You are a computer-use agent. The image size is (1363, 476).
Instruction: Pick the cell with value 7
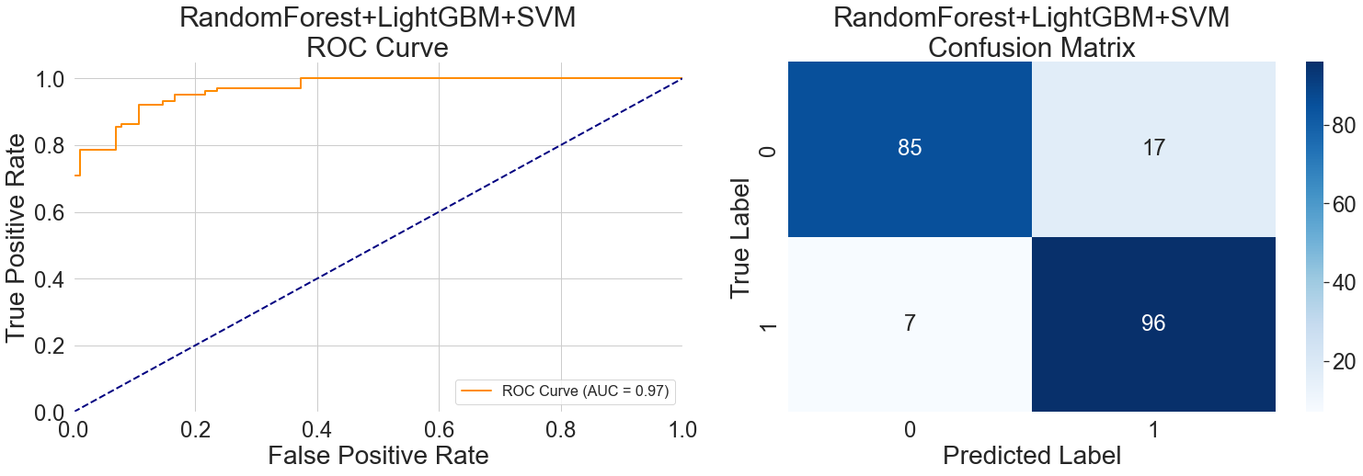point(909,323)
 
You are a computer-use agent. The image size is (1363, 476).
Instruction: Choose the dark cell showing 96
point(1153,323)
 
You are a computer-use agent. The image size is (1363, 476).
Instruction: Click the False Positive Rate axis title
point(377,456)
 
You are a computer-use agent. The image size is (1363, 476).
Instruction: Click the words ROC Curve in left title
point(377,47)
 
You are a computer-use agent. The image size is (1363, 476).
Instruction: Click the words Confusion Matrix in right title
point(1031,47)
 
